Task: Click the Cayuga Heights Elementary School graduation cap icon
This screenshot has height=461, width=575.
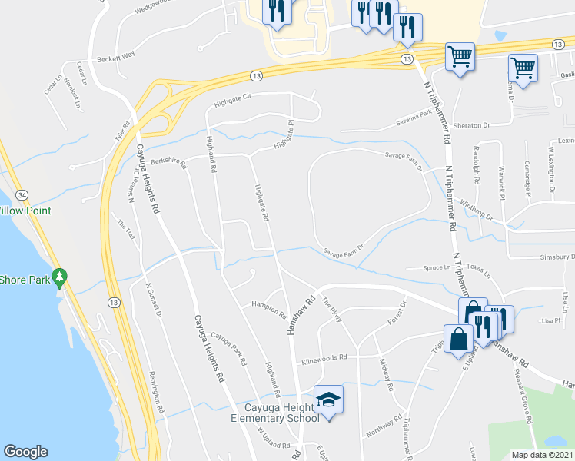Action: click(328, 400)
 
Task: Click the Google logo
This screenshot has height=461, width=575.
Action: click(25, 452)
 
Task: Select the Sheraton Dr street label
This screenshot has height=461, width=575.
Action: click(471, 125)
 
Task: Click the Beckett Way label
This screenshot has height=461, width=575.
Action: click(115, 57)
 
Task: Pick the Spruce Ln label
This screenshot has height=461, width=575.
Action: click(435, 267)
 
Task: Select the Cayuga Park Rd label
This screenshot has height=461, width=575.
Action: click(229, 347)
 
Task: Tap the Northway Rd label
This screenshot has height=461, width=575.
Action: click(384, 427)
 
